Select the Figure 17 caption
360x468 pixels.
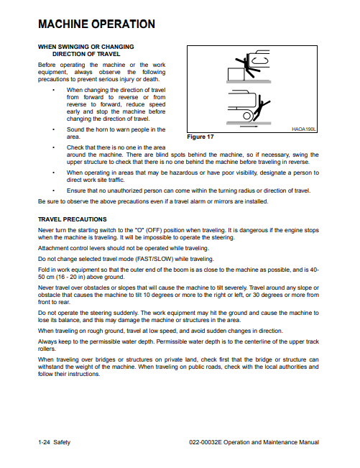click(200, 137)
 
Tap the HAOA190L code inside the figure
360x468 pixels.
click(303, 129)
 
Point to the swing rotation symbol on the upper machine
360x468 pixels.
click(260, 61)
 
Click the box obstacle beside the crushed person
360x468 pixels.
click(236, 74)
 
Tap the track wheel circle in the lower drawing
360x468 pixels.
click(246, 116)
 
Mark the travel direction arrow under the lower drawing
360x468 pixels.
click(249, 127)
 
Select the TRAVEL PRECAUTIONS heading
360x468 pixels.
click(72, 219)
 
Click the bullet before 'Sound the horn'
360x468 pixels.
click(53, 129)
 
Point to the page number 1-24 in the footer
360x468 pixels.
click(44, 442)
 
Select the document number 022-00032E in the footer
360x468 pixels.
click(206, 442)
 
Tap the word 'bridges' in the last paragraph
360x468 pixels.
click(105, 359)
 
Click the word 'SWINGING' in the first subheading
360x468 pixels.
click(74, 47)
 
